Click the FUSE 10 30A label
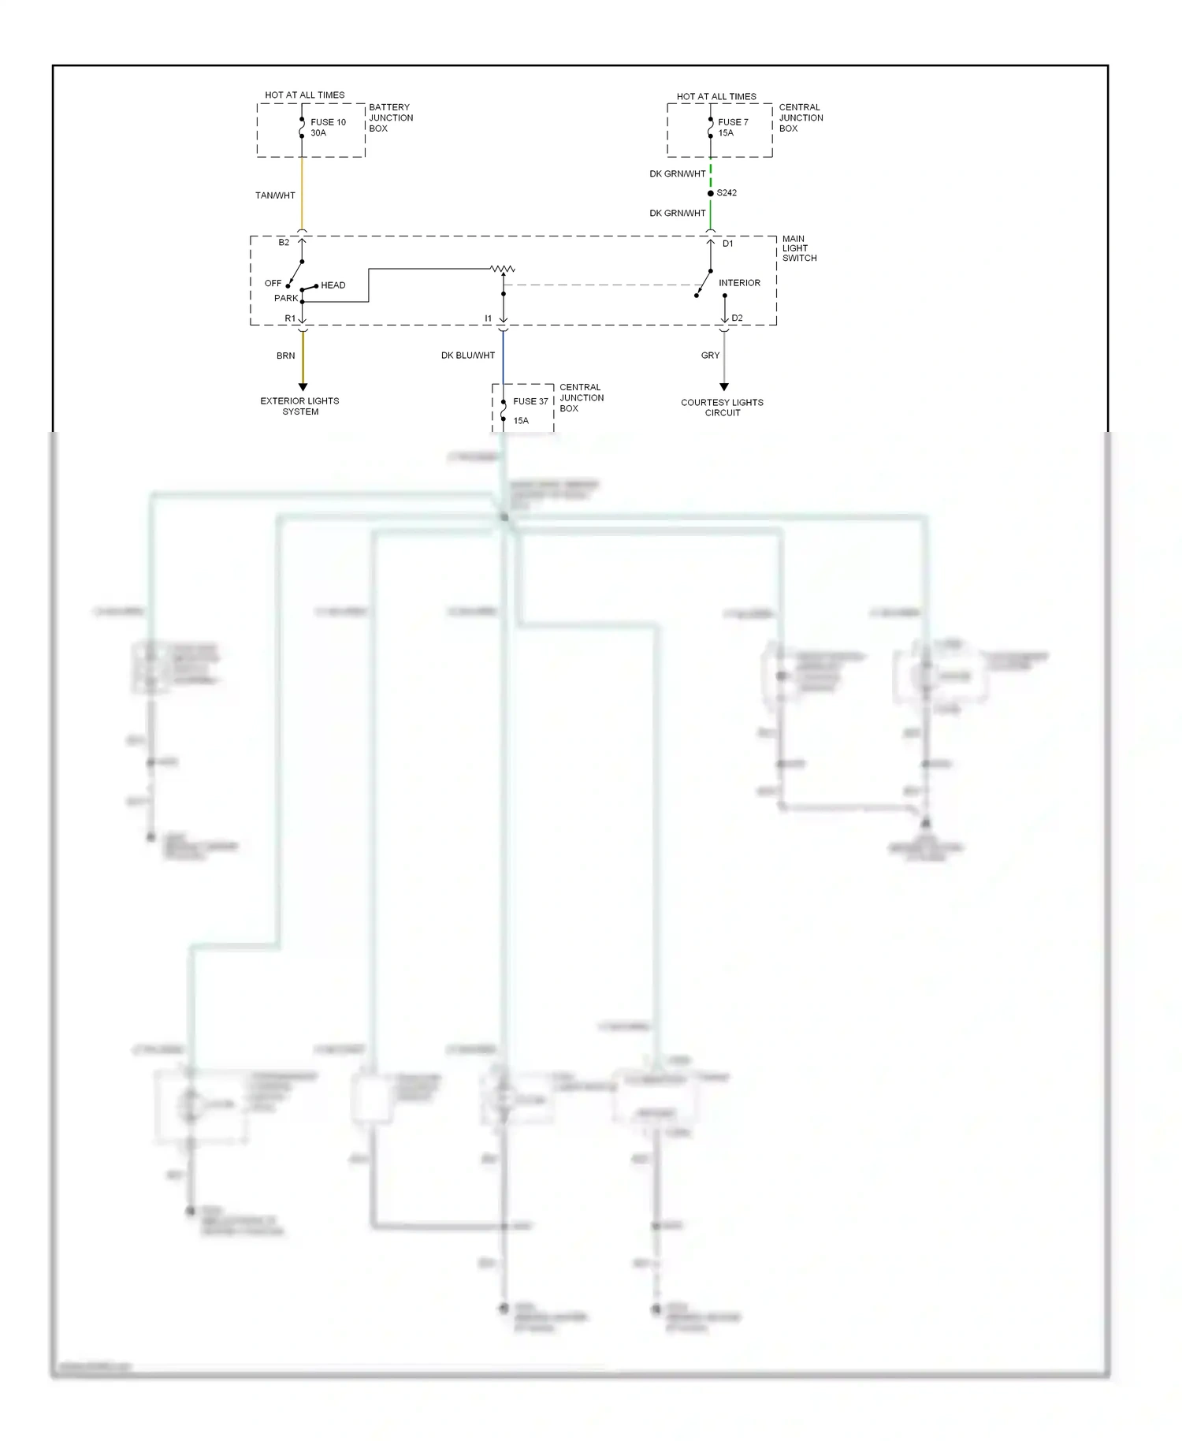point(328,128)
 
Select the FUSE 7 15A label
point(733,128)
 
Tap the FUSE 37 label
point(530,401)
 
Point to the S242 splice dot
point(711,193)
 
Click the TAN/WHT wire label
point(275,195)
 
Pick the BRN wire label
point(285,356)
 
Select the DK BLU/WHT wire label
point(468,356)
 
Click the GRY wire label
point(710,356)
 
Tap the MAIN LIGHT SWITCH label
point(799,248)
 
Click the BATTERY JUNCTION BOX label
point(391,118)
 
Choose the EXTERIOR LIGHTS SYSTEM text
point(299,406)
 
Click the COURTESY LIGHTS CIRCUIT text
point(722,408)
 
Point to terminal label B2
point(284,243)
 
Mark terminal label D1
point(728,244)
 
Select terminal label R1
point(290,318)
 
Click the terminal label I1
point(489,318)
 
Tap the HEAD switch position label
point(333,285)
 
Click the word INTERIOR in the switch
point(739,283)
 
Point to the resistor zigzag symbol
point(503,270)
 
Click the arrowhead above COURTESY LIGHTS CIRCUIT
point(724,387)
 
